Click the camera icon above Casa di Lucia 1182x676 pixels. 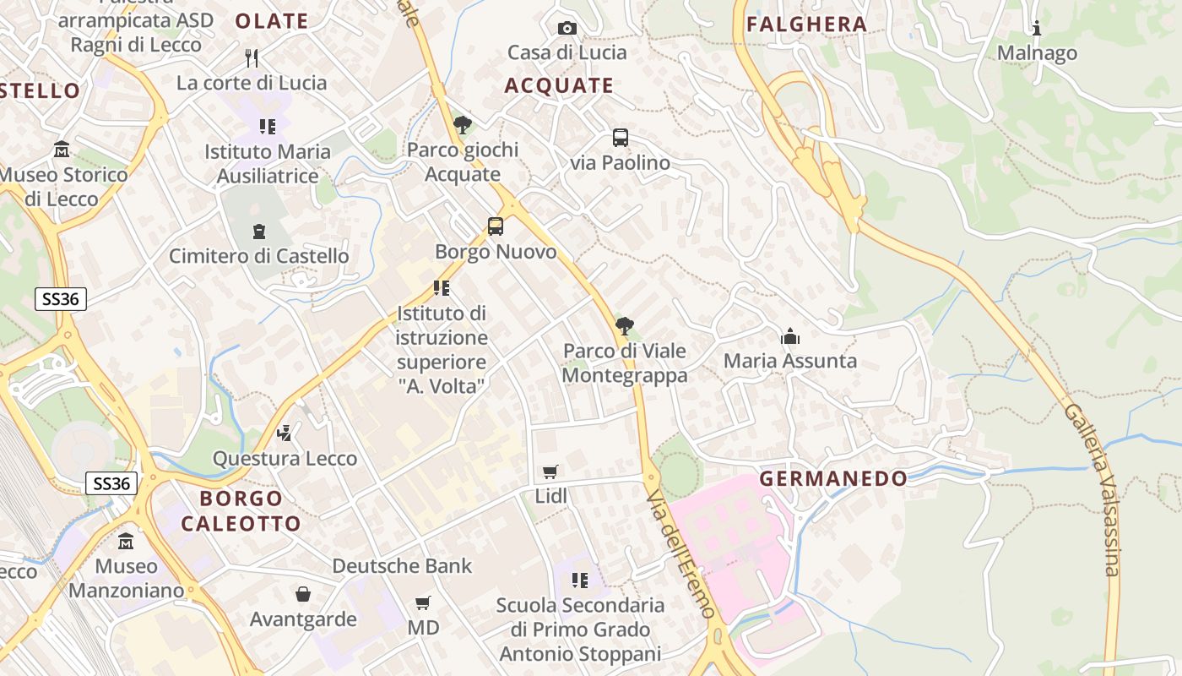click(567, 28)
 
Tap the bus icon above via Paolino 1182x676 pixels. click(621, 138)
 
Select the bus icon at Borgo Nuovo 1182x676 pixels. click(496, 226)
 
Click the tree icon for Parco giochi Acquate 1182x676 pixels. click(462, 125)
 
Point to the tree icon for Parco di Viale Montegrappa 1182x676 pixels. click(625, 325)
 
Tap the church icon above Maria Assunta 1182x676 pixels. click(790, 336)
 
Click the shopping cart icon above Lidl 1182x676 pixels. click(550, 472)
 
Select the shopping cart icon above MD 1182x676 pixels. click(423, 602)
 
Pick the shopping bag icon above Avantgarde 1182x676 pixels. click(303, 594)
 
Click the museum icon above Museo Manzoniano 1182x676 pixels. click(126, 541)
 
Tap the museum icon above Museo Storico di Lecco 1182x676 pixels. click(62, 150)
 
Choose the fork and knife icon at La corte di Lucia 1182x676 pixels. click(251, 57)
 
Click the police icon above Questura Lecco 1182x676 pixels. click(285, 433)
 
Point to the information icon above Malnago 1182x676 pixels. click(1037, 28)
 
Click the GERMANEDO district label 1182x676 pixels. click(833, 479)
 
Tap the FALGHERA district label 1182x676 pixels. click(807, 25)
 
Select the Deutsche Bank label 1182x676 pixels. click(402, 565)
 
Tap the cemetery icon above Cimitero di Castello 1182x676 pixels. click(259, 231)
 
